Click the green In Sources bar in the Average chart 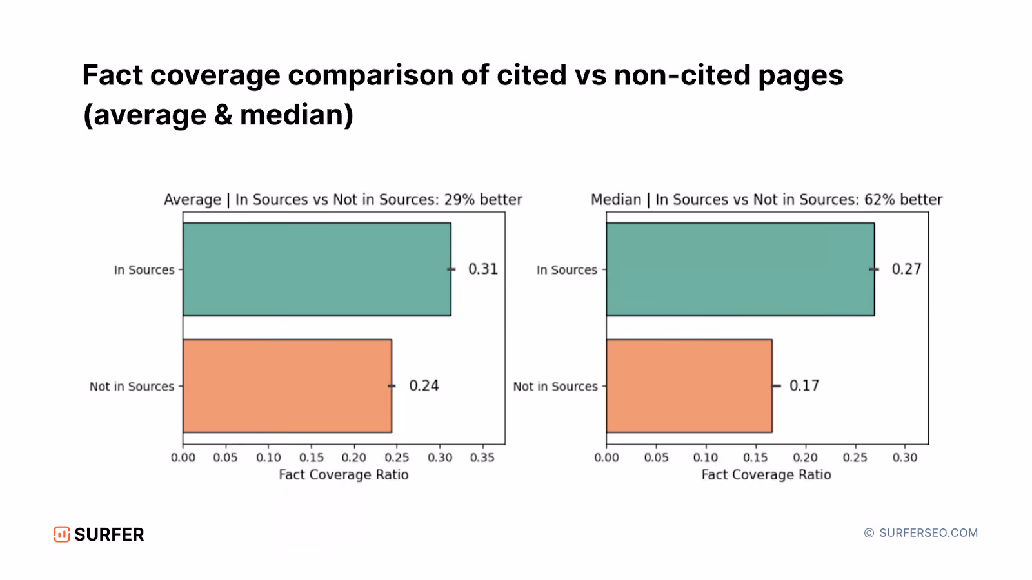click(317, 269)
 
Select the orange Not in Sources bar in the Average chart click(288, 386)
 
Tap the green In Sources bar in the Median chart click(740, 269)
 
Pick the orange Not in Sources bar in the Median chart click(690, 386)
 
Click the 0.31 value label click(483, 269)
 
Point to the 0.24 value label click(424, 385)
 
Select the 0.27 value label click(907, 269)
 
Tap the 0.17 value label click(804, 385)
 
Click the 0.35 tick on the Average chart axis click(482, 458)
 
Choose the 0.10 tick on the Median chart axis click(706, 458)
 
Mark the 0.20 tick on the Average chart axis click(354, 458)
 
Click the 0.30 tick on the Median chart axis click(905, 458)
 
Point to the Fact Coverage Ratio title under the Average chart click(344, 474)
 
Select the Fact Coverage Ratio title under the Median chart click(766, 474)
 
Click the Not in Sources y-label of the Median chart click(555, 386)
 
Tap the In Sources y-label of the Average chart click(144, 270)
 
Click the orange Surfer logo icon click(62, 534)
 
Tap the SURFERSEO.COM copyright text click(921, 533)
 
